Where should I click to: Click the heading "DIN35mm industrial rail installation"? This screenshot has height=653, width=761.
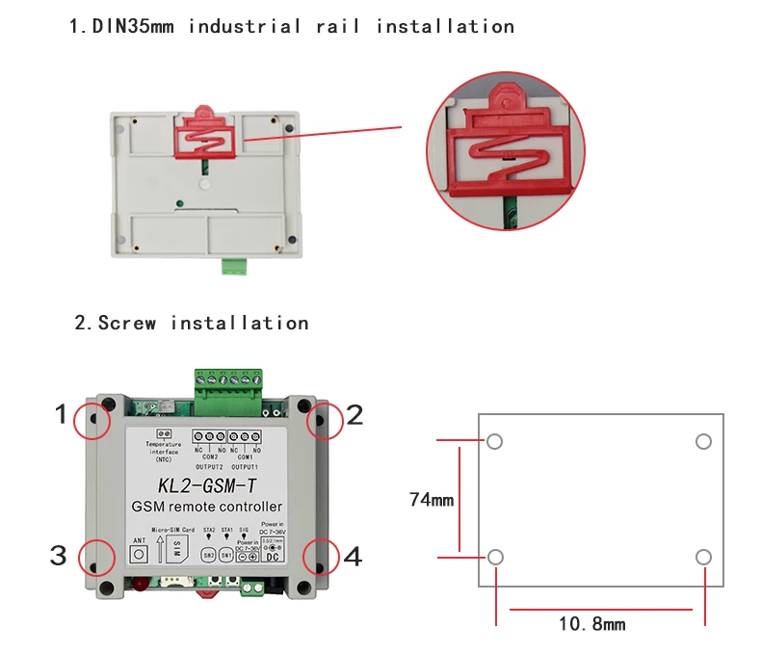[x=291, y=26]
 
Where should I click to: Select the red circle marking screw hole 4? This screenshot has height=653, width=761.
[x=322, y=556]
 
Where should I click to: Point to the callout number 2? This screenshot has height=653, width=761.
[x=354, y=415]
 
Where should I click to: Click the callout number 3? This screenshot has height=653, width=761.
[x=59, y=556]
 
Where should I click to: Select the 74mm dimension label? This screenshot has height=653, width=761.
[x=430, y=500]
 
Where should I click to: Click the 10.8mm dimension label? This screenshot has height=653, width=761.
[x=592, y=624]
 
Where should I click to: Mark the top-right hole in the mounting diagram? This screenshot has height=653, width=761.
[x=703, y=441]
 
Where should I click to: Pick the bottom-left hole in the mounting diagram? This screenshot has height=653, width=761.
[x=495, y=558]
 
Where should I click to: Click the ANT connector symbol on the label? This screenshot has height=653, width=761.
[x=140, y=554]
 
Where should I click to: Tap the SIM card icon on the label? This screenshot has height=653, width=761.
[x=177, y=550]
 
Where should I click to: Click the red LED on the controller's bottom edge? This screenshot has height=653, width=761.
[x=140, y=585]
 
